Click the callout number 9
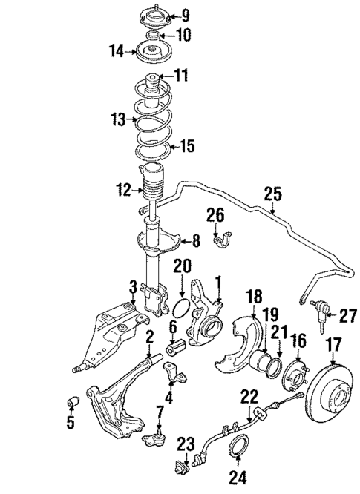[x=185, y=14]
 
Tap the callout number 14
[x=116, y=51]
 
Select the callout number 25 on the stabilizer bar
[x=272, y=195]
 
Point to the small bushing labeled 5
[x=73, y=401]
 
